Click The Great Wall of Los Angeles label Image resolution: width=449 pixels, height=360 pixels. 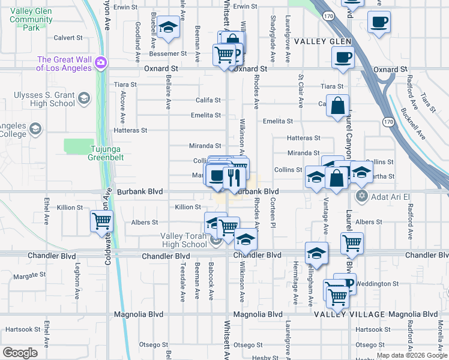click(x=64, y=64)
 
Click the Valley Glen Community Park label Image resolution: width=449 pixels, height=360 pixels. click(x=31, y=20)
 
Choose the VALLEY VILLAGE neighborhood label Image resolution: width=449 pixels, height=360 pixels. click(x=349, y=314)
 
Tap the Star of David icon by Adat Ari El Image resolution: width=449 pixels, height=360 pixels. click(x=361, y=196)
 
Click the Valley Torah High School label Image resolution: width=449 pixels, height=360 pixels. click(x=184, y=240)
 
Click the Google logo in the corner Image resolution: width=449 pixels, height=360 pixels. click(x=20, y=353)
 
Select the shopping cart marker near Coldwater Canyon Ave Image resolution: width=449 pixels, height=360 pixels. click(x=101, y=220)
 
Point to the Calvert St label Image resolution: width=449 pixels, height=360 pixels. click(x=68, y=37)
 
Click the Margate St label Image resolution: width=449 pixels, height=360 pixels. click(x=29, y=276)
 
